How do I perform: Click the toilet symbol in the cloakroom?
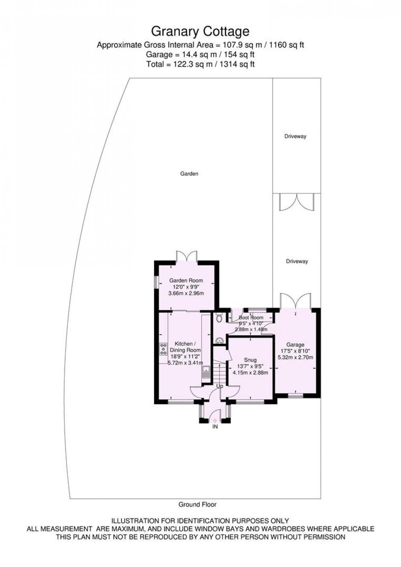(x=219, y=317)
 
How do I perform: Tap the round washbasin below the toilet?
(x=219, y=341)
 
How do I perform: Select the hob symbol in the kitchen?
(x=163, y=349)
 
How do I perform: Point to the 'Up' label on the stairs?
(x=219, y=386)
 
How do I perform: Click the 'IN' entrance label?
(x=215, y=426)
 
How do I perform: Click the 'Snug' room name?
(x=250, y=360)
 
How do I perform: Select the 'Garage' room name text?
(x=295, y=345)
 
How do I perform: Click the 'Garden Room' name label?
(x=186, y=280)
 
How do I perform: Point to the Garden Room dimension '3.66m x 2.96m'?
(x=186, y=293)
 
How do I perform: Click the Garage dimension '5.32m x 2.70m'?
(x=296, y=357)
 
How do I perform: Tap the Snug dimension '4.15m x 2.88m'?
(x=250, y=373)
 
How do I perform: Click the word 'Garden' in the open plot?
(x=189, y=174)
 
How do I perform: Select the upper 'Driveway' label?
(x=295, y=136)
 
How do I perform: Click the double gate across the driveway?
(x=296, y=202)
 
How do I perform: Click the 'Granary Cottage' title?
(x=200, y=32)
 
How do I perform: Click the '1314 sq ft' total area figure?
(x=237, y=64)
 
